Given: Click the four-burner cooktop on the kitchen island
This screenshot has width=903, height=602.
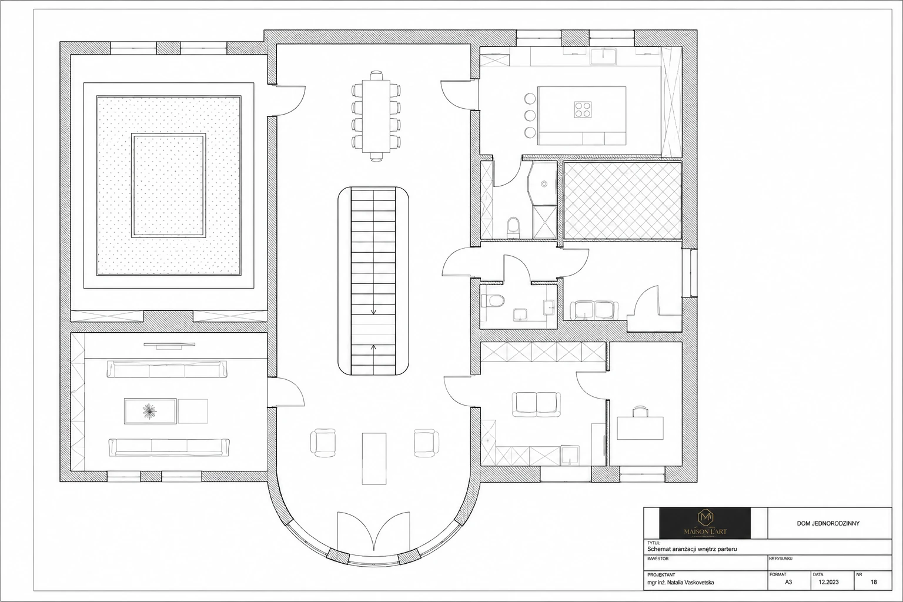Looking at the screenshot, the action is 583,109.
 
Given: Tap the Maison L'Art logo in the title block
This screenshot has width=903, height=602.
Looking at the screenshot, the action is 705,523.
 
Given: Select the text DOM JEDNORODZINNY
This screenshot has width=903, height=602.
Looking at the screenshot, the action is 828,523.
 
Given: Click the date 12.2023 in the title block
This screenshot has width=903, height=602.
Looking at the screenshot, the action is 828,582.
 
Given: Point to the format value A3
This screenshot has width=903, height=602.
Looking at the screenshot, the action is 788,582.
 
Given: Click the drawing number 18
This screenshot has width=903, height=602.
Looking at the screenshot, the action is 874,582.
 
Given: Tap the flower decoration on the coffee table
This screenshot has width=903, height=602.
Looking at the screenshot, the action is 150,411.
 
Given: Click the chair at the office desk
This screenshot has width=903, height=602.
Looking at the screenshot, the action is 640,412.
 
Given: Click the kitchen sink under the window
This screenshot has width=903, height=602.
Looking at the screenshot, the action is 603,56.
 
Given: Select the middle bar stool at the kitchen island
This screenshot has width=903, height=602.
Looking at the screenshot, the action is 530,115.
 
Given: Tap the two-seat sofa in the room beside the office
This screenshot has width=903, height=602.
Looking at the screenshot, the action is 536,404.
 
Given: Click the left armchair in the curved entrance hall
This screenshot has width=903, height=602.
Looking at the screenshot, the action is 323,443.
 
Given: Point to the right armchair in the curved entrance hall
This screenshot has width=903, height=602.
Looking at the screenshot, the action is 426,443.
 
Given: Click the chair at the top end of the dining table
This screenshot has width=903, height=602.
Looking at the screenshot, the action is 376,75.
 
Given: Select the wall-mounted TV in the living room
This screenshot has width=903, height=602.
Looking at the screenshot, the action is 169,345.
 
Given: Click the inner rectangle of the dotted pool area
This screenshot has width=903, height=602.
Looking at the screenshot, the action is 169,186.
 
